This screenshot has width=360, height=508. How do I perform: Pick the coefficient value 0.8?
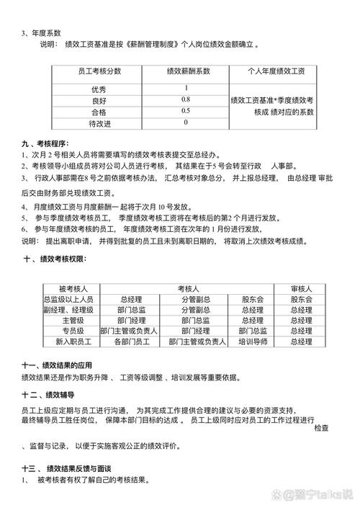[185, 99]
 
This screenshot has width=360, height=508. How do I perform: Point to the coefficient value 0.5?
[185, 111]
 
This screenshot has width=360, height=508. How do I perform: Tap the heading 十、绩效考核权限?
[55, 258]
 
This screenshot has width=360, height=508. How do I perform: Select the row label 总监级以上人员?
[73, 299]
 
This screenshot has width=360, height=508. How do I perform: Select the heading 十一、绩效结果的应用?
[57, 365]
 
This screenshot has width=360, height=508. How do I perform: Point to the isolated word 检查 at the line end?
[322, 428]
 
